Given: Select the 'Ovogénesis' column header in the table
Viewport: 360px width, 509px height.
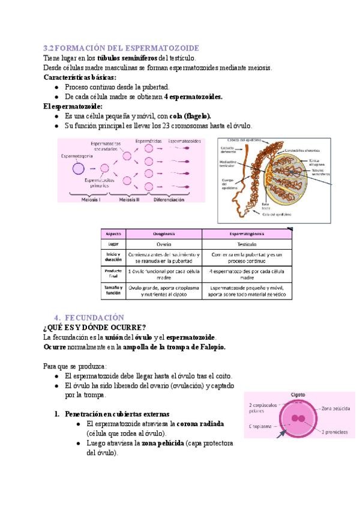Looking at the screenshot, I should coord(163,233).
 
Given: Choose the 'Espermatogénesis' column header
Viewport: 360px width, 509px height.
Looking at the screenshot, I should coord(247,233).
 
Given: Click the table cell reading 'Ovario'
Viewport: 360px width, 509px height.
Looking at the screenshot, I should coord(163,245).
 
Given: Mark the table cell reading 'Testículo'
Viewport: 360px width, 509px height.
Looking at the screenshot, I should coord(247,245).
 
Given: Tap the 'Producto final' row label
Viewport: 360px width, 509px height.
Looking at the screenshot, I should coord(113,274).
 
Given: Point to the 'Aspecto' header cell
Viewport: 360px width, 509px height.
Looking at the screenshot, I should coord(113,233).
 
